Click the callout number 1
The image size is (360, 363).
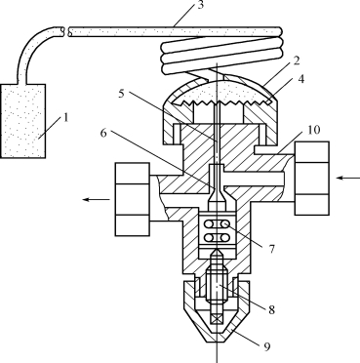pyautogui.click(x=66, y=117)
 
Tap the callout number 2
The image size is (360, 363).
pyautogui.click(x=296, y=60)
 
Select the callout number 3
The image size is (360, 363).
pyautogui.click(x=200, y=5)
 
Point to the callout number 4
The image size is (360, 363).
pyautogui.click(x=301, y=78)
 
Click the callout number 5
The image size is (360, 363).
pyautogui.click(x=121, y=94)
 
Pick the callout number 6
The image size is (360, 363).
pyautogui.click(x=103, y=133)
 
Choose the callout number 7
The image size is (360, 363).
pyautogui.click(x=272, y=249)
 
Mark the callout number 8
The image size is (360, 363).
pyautogui.click(x=271, y=309)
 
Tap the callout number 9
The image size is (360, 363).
pyautogui.click(x=266, y=347)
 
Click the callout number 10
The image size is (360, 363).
pyautogui.click(x=313, y=130)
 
